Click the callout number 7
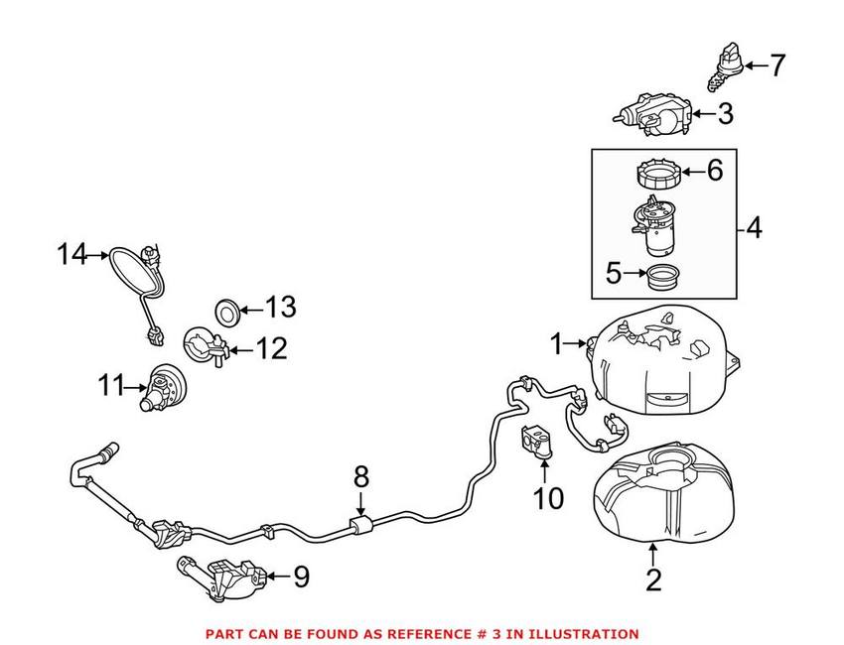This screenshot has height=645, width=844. pos(776,66)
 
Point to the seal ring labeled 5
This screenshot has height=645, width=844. pos(660,275)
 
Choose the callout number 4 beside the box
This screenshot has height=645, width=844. pos(754,229)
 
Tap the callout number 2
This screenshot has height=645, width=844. pos(652,579)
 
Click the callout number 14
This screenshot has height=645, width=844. pos(71,255)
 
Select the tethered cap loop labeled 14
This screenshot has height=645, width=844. pos(131,270)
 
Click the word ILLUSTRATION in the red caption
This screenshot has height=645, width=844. pos(584,633)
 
